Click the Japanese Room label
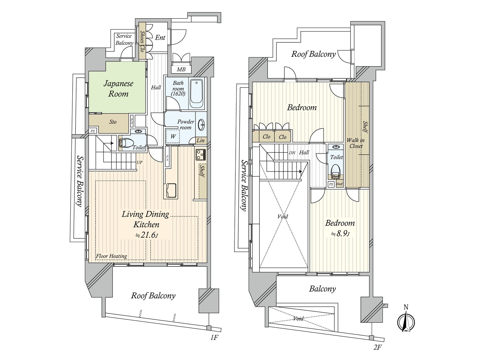click(x=118, y=88)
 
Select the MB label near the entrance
click(x=181, y=70)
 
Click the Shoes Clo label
click(x=142, y=41)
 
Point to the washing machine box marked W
click(x=173, y=136)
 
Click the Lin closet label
click(x=201, y=140)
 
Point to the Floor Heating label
click(x=111, y=256)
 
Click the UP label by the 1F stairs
click(x=139, y=162)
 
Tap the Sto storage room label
click(x=113, y=122)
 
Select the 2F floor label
click(x=377, y=347)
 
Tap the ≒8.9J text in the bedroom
click(x=340, y=234)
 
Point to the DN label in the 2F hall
click(x=292, y=153)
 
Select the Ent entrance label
click(x=160, y=37)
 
